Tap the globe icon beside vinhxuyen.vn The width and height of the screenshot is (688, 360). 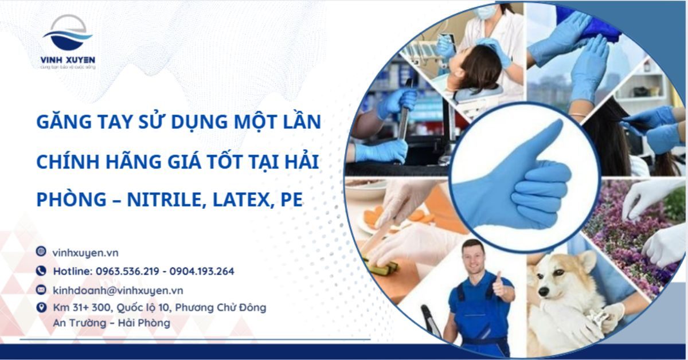pos(41,252)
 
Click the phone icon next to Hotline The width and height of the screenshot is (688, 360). pos(41,271)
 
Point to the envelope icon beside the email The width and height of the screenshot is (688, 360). pos(41,289)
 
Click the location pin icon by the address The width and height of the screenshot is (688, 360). pos(41,308)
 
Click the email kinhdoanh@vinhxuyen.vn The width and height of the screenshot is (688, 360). pos(118,290)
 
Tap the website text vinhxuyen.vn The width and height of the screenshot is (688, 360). pos(85,252)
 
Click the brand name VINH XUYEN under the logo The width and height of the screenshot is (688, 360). pos(68,60)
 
